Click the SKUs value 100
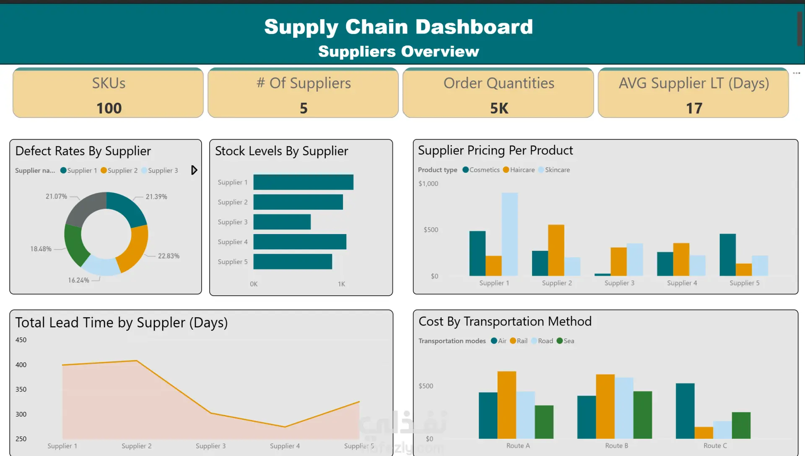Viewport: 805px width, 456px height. (109, 108)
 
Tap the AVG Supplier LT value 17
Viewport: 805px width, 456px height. (694, 108)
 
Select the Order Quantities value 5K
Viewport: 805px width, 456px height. (499, 108)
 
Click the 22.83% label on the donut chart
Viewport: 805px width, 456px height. (169, 256)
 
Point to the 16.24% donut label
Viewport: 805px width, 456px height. (79, 280)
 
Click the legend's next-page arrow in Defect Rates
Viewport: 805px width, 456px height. (194, 170)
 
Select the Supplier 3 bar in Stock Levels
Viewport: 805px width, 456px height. (282, 222)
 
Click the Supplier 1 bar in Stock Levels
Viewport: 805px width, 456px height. (303, 182)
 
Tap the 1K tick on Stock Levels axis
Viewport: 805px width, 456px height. (341, 284)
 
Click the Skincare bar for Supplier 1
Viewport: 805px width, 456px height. (509, 234)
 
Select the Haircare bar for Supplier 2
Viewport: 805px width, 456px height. (556, 250)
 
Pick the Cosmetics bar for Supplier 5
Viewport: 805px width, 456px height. (727, 255)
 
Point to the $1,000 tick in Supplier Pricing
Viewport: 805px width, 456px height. (428, 184)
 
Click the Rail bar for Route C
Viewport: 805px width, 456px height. (704, 433)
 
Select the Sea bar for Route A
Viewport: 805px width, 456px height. (544, 422)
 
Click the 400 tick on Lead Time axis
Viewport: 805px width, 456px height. (21, 365)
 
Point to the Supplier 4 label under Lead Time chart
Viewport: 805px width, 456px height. (285, 446)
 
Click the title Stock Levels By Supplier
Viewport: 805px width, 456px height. (281, 151)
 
